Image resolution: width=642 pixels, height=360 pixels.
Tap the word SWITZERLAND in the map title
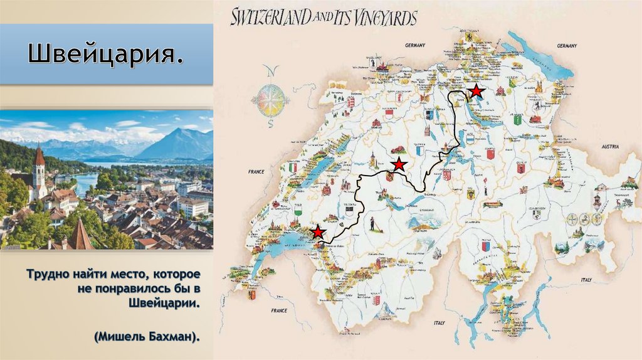(270, 17)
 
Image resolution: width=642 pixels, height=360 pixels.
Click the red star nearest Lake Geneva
(318, 233)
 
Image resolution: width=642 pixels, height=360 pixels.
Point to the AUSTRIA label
(609, 146)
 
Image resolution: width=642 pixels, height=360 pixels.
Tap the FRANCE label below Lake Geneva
(278, 310)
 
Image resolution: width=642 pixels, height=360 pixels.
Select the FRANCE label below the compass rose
(257, 171)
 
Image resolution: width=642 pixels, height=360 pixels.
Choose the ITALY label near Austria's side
(586, 279)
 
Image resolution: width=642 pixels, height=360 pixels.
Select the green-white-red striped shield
(292, 167)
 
